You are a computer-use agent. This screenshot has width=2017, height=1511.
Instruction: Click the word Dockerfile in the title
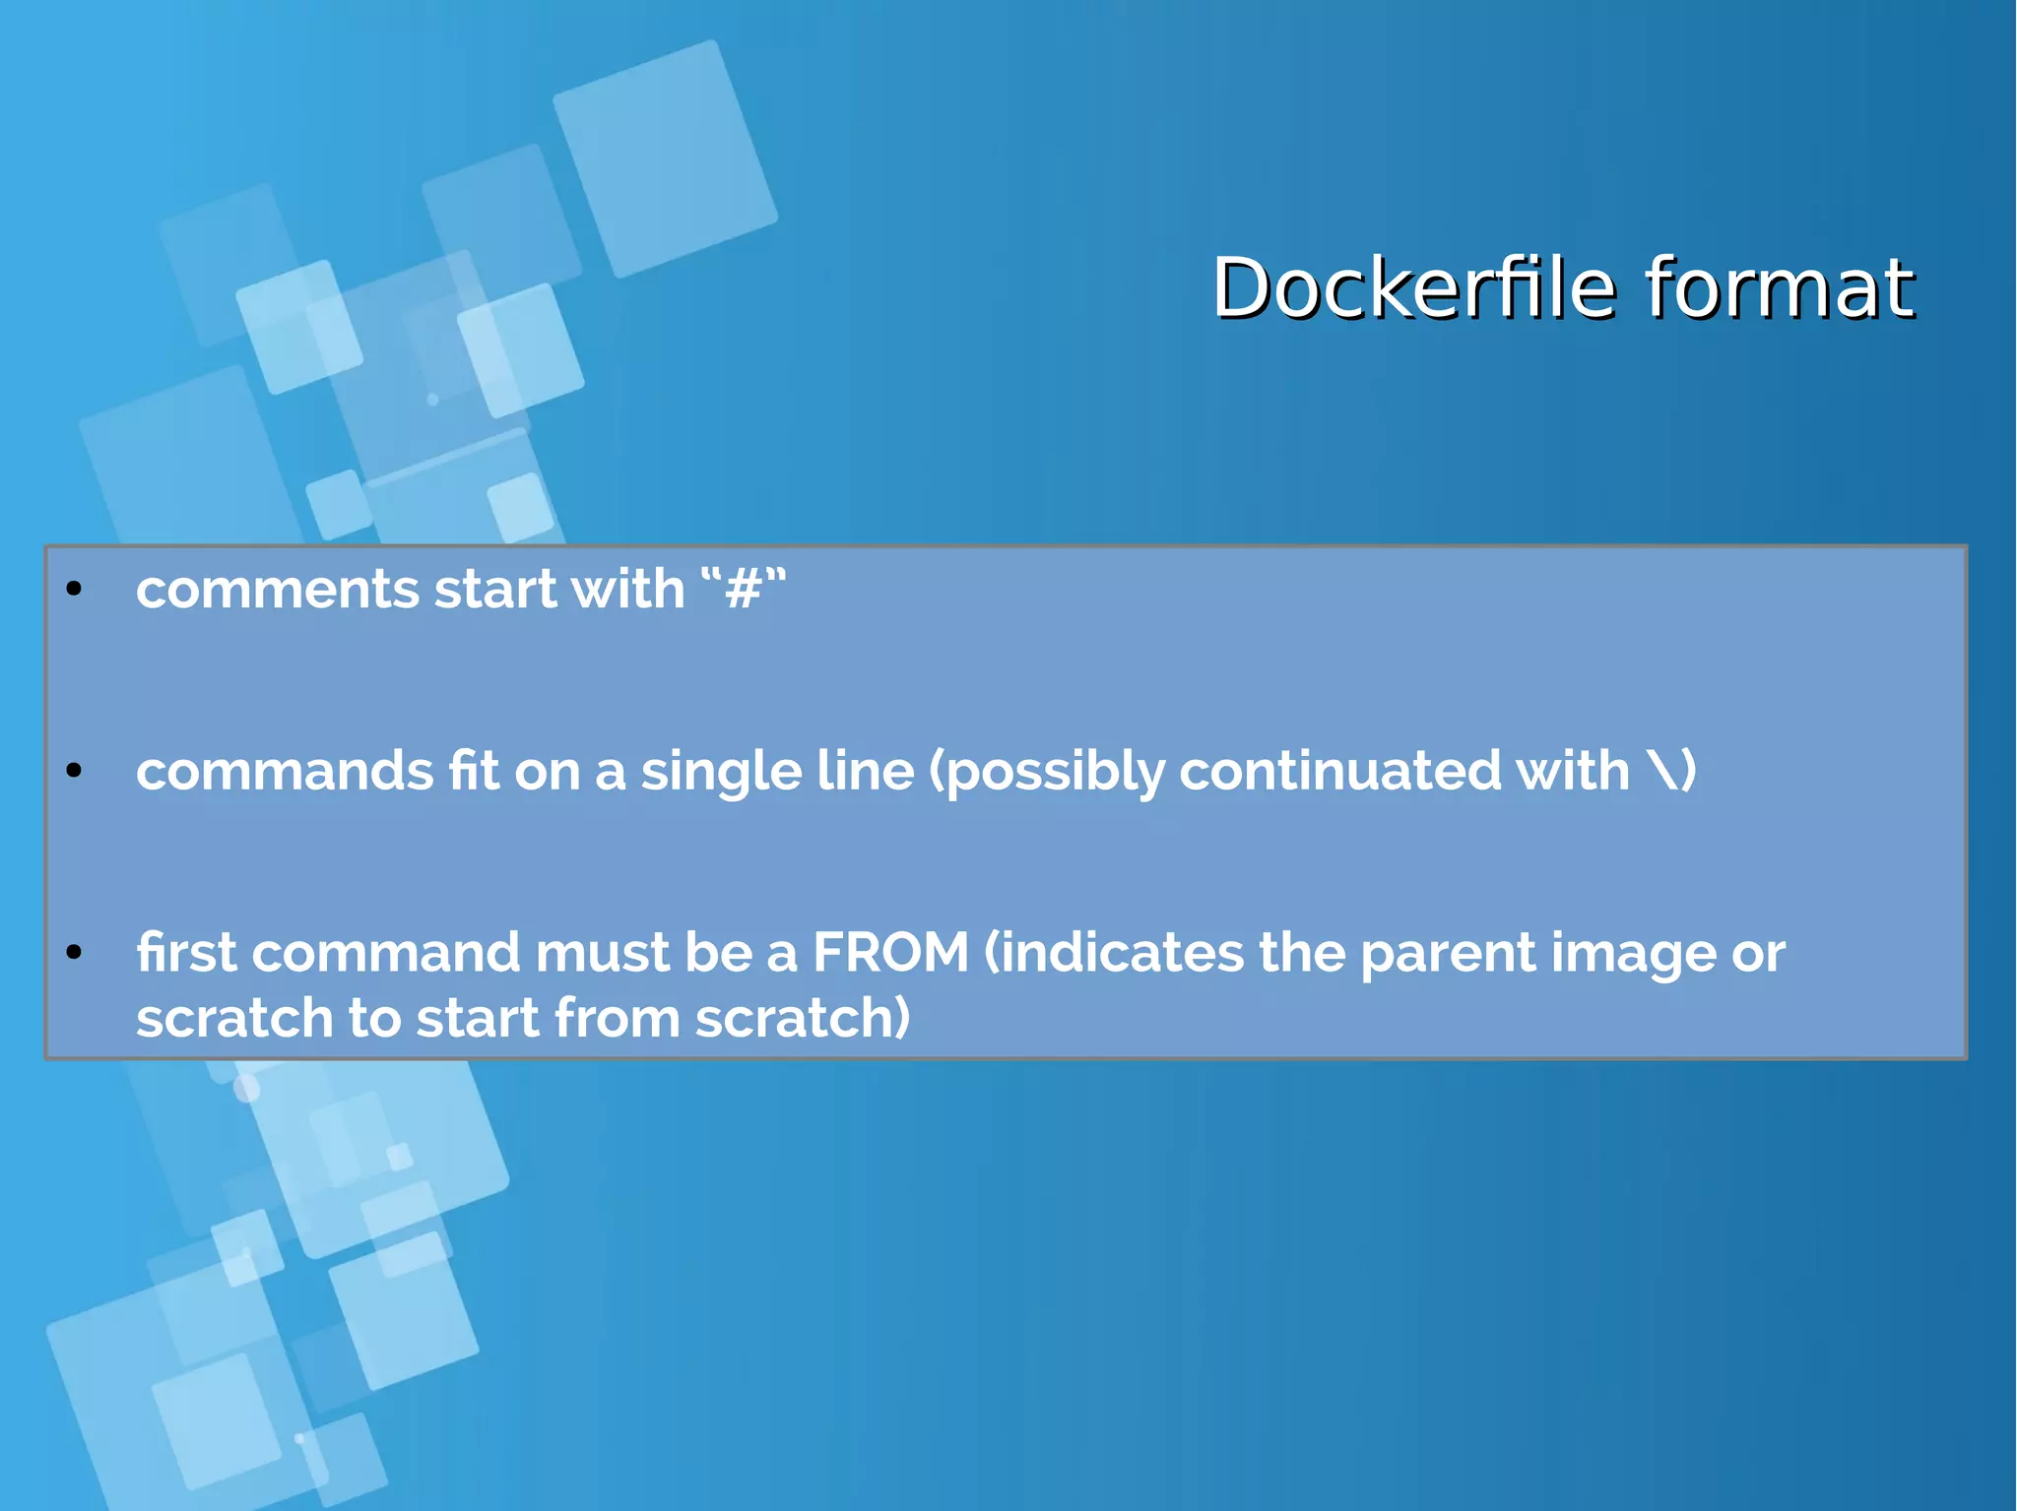pos(1414,288)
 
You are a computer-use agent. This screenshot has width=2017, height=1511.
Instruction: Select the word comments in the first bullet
pos(278,591)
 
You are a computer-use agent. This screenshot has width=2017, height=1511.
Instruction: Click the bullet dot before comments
pos(74,590)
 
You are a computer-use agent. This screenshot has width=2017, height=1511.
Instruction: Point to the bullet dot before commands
pos(74,771)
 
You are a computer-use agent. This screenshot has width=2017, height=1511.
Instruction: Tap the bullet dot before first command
pos(74,952)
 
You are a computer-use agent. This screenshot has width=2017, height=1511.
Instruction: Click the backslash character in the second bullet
pos(1662,771)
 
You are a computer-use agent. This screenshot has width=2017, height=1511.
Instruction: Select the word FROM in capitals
pos(890,953)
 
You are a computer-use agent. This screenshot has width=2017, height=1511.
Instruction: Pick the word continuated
pos(1339,771)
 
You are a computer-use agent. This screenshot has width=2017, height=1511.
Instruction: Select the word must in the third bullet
pos(602,953)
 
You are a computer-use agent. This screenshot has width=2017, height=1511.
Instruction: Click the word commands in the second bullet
pos(285,771)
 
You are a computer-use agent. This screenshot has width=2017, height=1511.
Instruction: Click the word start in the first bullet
pos(495,591)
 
